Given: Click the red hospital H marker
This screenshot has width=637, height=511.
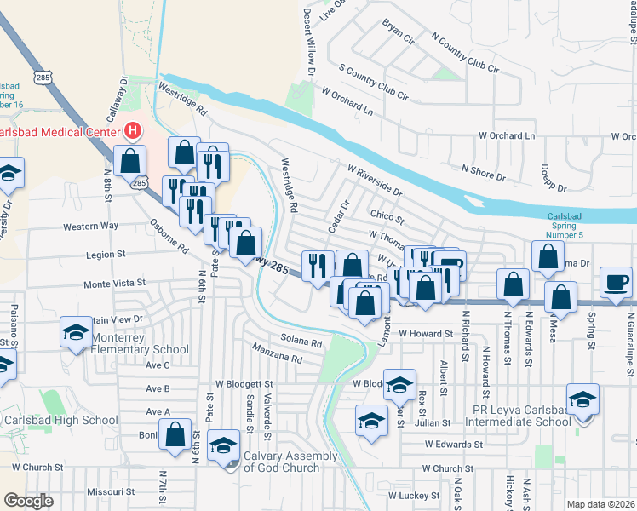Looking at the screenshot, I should (133, 131).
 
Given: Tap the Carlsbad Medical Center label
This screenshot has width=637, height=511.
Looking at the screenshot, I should (60, 132).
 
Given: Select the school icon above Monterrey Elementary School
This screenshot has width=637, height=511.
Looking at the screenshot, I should (76, 331).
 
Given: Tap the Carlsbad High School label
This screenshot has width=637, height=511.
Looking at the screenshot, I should (59, 420).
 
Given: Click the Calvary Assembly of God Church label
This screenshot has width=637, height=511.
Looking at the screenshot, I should (291, 462).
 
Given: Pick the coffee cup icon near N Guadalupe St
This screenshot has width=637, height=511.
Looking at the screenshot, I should (617, 281).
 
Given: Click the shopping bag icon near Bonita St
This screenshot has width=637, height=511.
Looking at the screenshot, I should (175, 435).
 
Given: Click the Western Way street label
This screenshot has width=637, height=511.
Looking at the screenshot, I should (90, 227).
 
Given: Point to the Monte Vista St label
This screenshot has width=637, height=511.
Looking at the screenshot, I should (114, 282).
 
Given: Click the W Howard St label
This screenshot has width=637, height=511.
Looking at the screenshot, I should (423, 334).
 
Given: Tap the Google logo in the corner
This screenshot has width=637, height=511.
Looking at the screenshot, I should (29, 500).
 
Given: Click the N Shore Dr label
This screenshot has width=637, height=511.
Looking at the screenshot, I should (483, 173).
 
